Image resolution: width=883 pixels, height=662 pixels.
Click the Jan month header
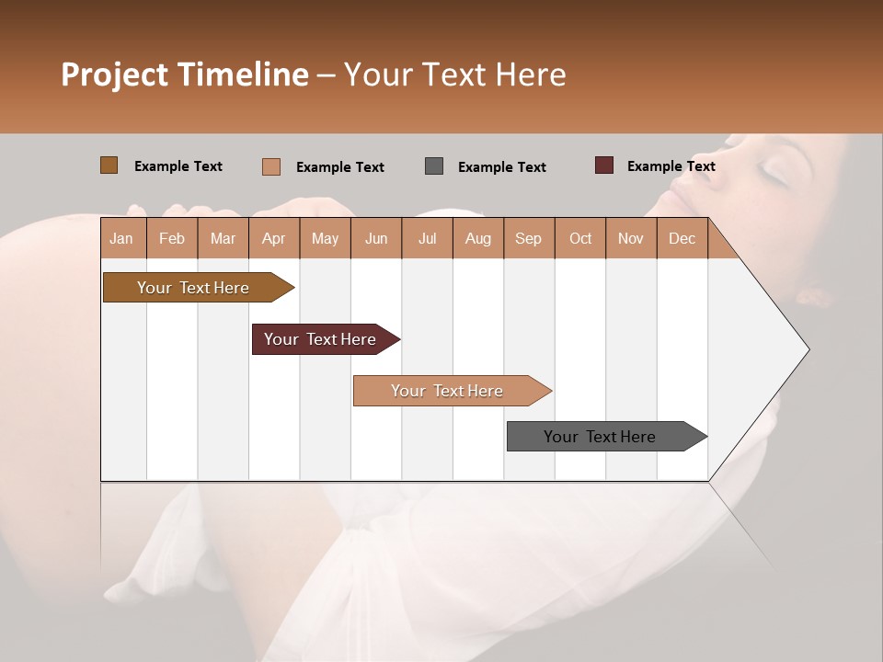[121, 238]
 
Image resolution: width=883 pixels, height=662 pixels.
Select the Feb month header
[172, 238]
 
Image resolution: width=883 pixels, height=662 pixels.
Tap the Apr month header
[273, 238]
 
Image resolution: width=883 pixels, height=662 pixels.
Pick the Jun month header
[376, 238]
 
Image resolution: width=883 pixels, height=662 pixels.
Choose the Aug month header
[477, 238]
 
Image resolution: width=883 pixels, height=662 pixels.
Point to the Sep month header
[528, 238]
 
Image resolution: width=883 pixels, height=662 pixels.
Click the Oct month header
[580, 238]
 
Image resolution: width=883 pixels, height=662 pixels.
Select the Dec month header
[682, 238]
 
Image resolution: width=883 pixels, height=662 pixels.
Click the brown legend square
[109, 165]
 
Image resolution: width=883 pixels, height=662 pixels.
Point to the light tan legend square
[271, 166]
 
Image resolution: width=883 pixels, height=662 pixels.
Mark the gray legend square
[434, 166]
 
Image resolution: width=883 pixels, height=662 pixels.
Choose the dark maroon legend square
[604, 165]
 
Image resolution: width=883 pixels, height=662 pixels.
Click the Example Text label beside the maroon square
[671, 166]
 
